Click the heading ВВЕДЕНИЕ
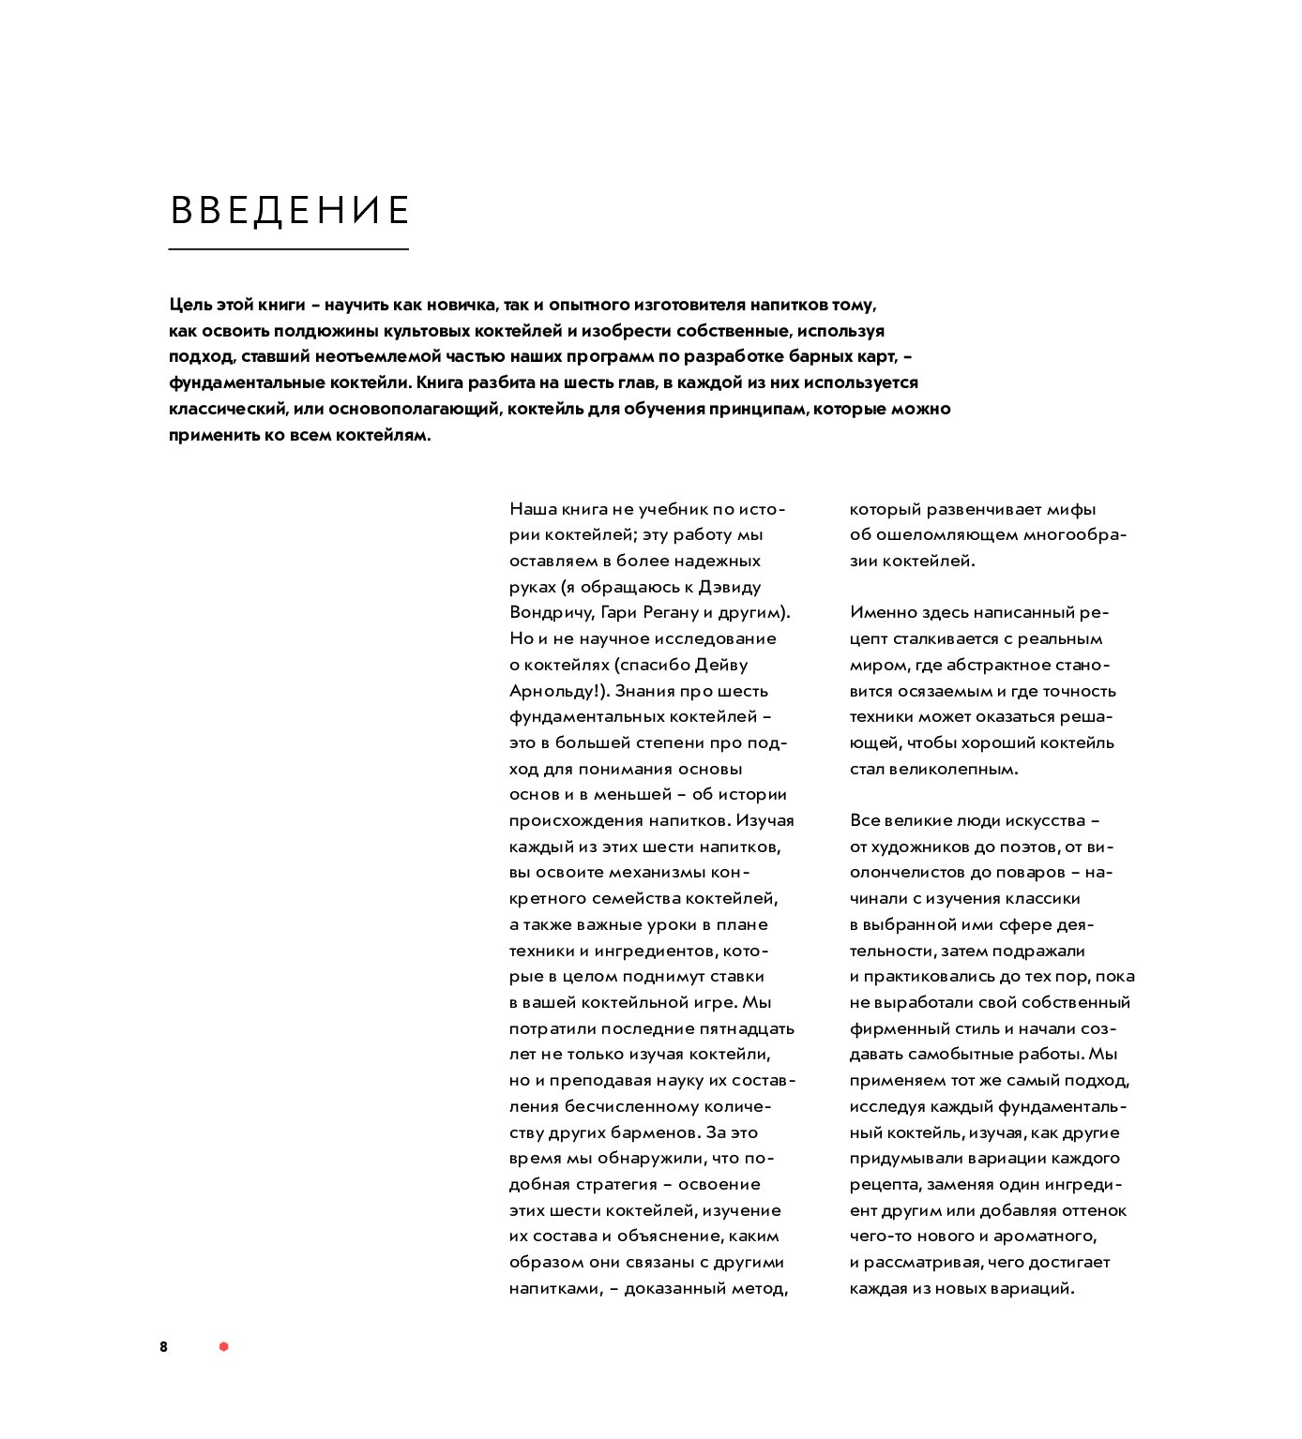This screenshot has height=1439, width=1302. point(290,210)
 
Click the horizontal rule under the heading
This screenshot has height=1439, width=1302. point(288,249)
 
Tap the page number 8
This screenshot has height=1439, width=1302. point(163,1347)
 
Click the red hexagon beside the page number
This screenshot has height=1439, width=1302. point(223,1347)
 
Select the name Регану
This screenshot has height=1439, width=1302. point(671,613)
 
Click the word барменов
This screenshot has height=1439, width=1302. point(654,1132)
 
